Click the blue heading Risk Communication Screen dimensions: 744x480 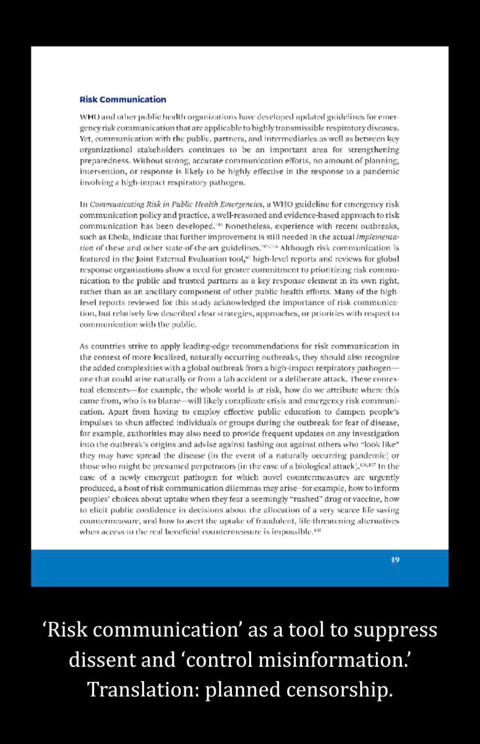[123, 99]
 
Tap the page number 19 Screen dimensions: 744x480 [395, 560]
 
